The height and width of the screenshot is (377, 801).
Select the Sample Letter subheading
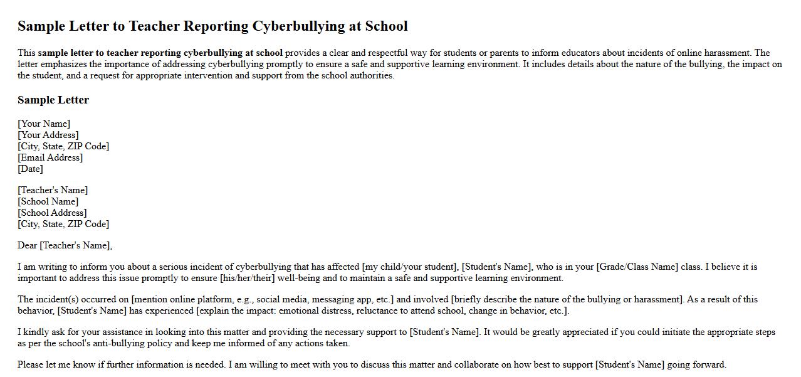53,100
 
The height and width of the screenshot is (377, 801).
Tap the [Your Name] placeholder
44,124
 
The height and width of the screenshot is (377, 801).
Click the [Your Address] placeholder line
48,135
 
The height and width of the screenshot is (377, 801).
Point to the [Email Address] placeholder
50,157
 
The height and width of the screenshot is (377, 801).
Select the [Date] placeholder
30,169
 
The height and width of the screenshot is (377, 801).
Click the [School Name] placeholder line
48,201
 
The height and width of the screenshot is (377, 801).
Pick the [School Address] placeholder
52,213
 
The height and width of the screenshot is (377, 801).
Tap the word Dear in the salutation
28,245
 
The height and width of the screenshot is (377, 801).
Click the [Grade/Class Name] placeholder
637,267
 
